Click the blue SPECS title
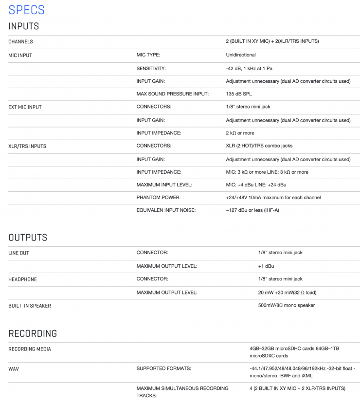[x=26, y=10]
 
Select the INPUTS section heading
[x=23, y=26]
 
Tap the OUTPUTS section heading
[x=28, y=238]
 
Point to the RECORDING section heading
[x=33, y=333]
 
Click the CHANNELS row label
[x=20, y=42]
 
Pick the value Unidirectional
[x=241, y=55]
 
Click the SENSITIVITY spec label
[x=151, y=69]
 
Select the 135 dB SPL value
[x=239, y=94]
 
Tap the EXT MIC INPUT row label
[x=25, y=107]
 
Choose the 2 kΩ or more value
[x=240, y=133]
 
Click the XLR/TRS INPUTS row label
[x=27, y=146]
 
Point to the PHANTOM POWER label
[x=158, y=198]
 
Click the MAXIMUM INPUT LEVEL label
[x=164, y=185]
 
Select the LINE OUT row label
[x=18, y=253]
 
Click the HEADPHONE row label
[x=22, y=279]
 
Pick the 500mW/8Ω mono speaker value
[x=286, y=305]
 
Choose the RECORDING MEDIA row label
[x=30, y=349]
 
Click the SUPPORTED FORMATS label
[x=163, y=368]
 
